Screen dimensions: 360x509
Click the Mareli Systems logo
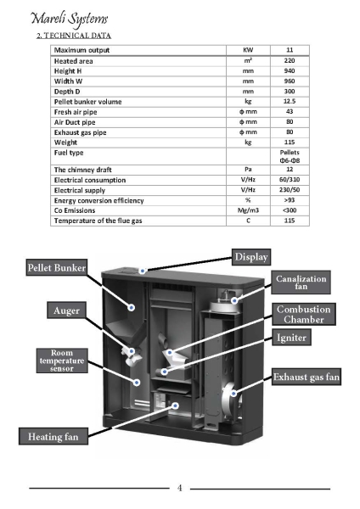pyautogui.click(x=69, y=19)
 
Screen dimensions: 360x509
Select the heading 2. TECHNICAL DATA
pyautogui.click(x=74, y=36)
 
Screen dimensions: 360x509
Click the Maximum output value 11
pyautogui.click(x=290, y=50)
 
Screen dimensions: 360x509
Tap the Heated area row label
pyautogui.click(x=73, y=61)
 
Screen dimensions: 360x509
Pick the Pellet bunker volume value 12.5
pyautogui.click(x=290, y=101)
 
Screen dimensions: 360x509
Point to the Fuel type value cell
pyautogui.click(x=290, y=156)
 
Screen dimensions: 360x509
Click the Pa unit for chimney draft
pyautogui.click(x=248, y=169)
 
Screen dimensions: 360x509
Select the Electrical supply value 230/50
pyautogui.click(x=290, y=189)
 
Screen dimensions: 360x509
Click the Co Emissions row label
pyautogui.click(x=75, y=210)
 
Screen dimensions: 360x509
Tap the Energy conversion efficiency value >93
pyautogui.click(x=290, y=200)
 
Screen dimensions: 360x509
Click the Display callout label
pyautogui.click(x=251, y=257)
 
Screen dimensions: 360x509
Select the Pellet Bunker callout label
pyautogui.click(x=57, y=267)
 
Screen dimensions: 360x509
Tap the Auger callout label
pyautogui.click(x=66, y=310)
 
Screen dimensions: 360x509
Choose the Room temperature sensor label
pyautogui.click(x=62, y=361)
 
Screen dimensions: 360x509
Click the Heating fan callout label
pyautogui.click(x=53, y=436)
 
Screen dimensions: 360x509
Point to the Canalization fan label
pyautogui.click(x=301, y=282)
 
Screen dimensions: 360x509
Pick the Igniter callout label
pyautogui.click(x=291, y=338)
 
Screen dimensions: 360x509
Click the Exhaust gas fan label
pyautogui.click(x=306, y=377)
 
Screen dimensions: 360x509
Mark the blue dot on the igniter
pyautogui.click(x=165, y=372)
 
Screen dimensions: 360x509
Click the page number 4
pyautogui.click(x=180, y=488)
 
